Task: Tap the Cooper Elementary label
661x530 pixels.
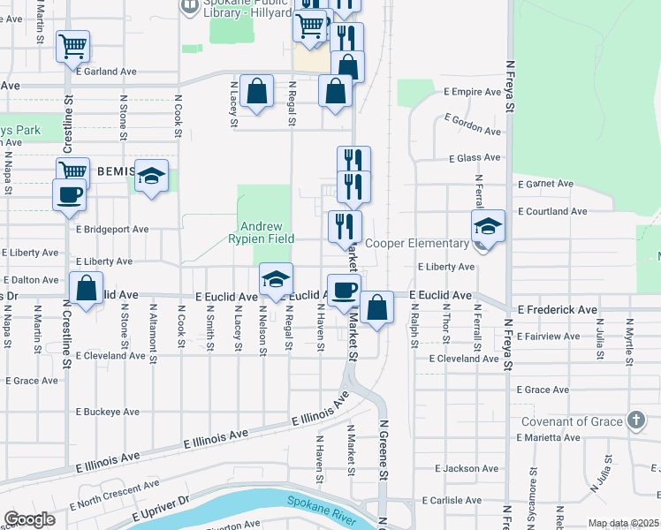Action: [x=416, y=243]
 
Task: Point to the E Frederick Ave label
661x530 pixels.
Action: [x=558, y=310]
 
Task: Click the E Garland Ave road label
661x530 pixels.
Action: [x=106, y=71]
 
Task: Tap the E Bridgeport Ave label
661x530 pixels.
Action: [x=112, y=229]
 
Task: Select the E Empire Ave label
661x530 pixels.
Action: [x=473, y=91]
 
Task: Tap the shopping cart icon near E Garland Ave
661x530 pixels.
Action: [x=72, y=45]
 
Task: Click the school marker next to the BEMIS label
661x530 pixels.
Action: [x=152, y=175]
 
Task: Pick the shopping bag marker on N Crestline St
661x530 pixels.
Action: [x=86, y=288]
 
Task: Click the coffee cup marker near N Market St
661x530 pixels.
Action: [x=344, y=289]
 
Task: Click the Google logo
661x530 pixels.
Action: [x=30, y=519]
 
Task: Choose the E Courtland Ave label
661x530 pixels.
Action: [x=552, y=212]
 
